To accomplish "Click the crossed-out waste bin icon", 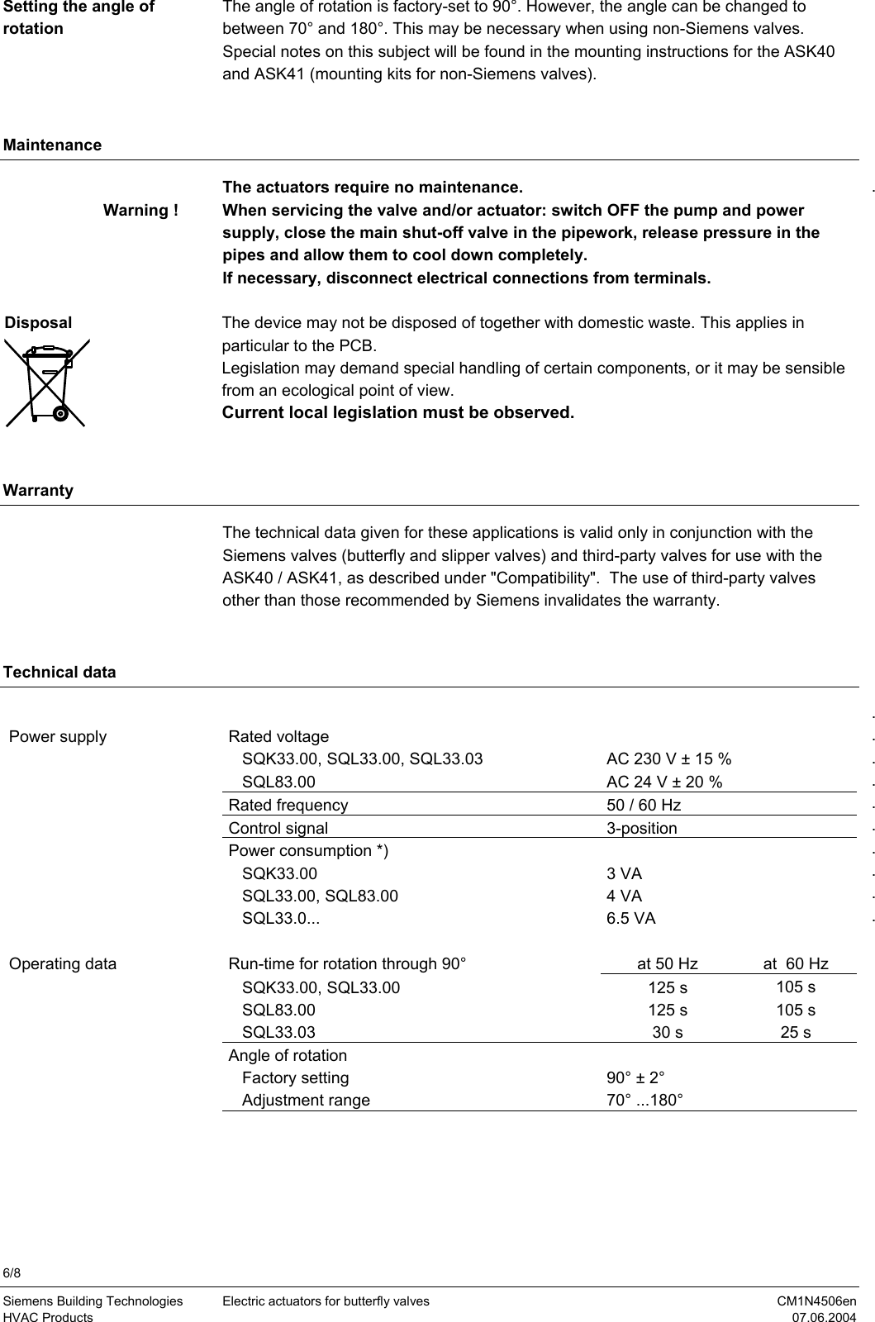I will [x=46, y=383].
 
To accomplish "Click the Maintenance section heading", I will [x=53, y=145].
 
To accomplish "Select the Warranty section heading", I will [x=39, y=491].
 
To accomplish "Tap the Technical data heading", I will [x=60, y=673].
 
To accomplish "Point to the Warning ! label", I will [x=140, y=211].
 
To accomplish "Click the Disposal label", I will [x=39, y=323].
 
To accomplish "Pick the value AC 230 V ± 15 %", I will [x=668, y=759].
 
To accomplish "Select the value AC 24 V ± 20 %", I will [x=663, y=782].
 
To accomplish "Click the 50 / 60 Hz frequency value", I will [x=644, y=805].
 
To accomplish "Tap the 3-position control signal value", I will [x=641, y=828].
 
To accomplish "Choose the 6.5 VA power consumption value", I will [x=630, y=918].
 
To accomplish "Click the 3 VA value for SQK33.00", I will [x=624, y=873].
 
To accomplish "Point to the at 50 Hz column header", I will [x=667, y=963].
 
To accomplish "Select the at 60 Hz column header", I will [x=795, y=963].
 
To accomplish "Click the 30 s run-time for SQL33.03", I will [x=667, y=1032].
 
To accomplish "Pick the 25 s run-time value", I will [x=795, y=1032].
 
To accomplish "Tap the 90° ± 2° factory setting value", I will [x=635, y=1077].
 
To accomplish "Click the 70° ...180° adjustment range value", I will [x=644, y=1101].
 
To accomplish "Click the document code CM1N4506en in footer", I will [x=816, y=1301].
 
